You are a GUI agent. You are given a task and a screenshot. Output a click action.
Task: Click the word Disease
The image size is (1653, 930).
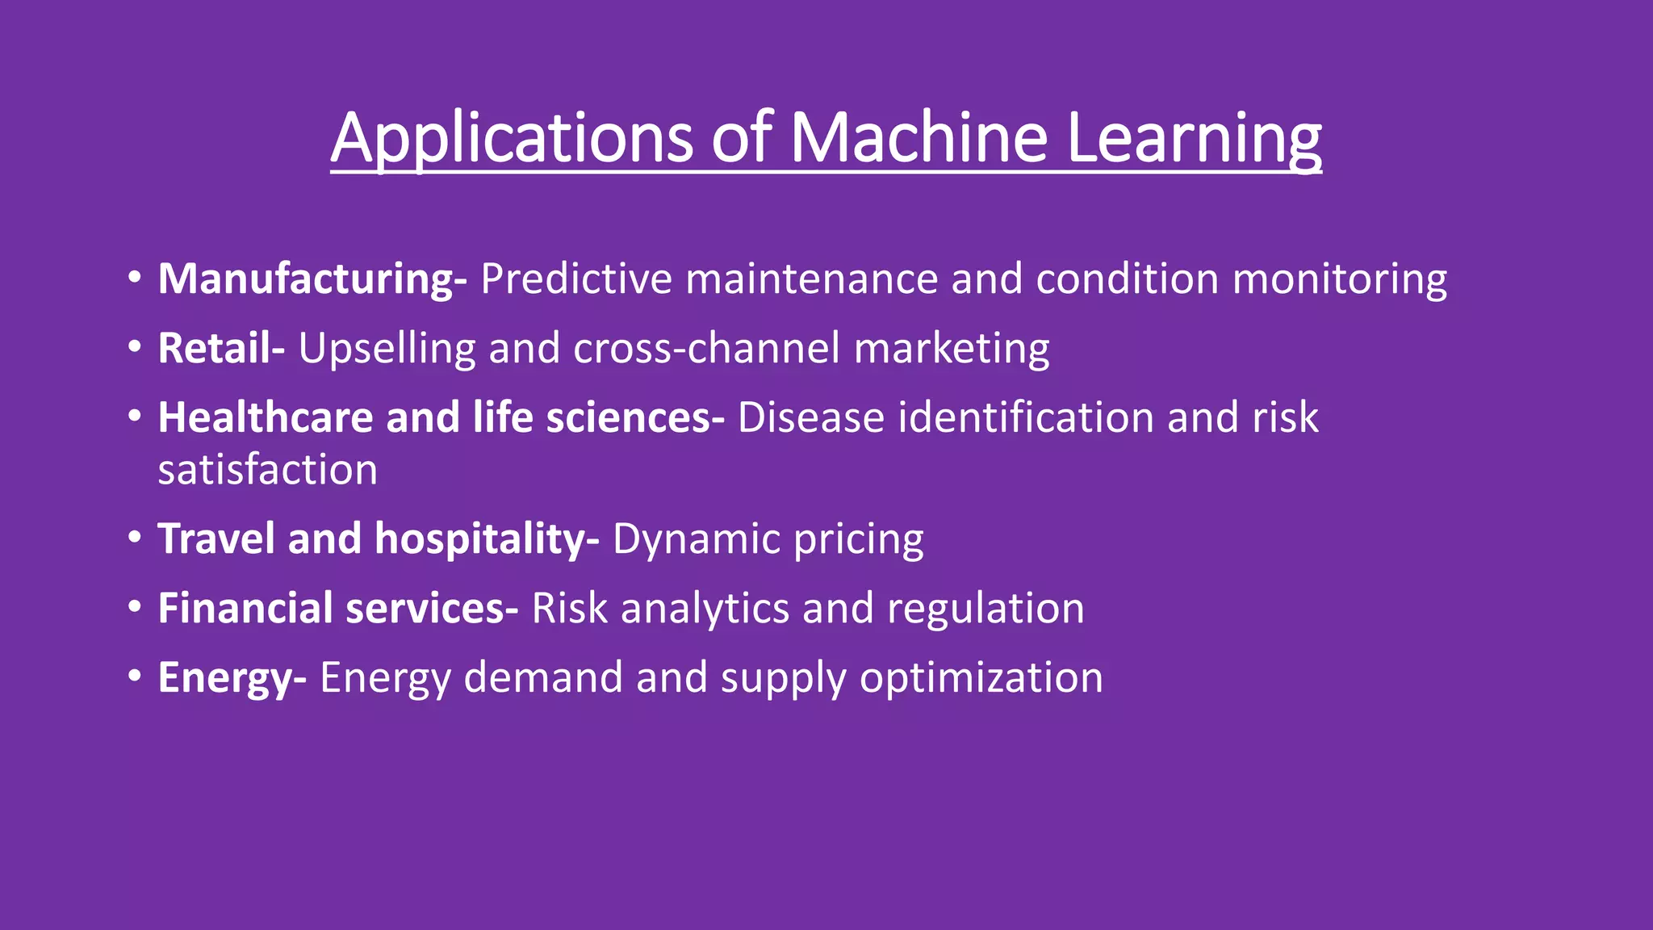coord(811,418)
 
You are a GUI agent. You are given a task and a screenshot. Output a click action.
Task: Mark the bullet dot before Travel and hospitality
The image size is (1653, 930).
coord(135,538)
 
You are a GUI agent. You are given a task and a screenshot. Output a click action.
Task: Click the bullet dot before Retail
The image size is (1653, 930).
coord(135,347)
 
